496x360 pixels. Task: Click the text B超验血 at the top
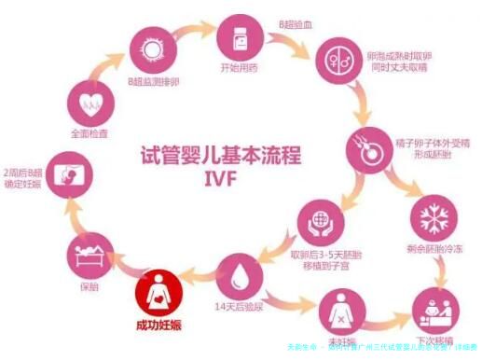tap(294, 19)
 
